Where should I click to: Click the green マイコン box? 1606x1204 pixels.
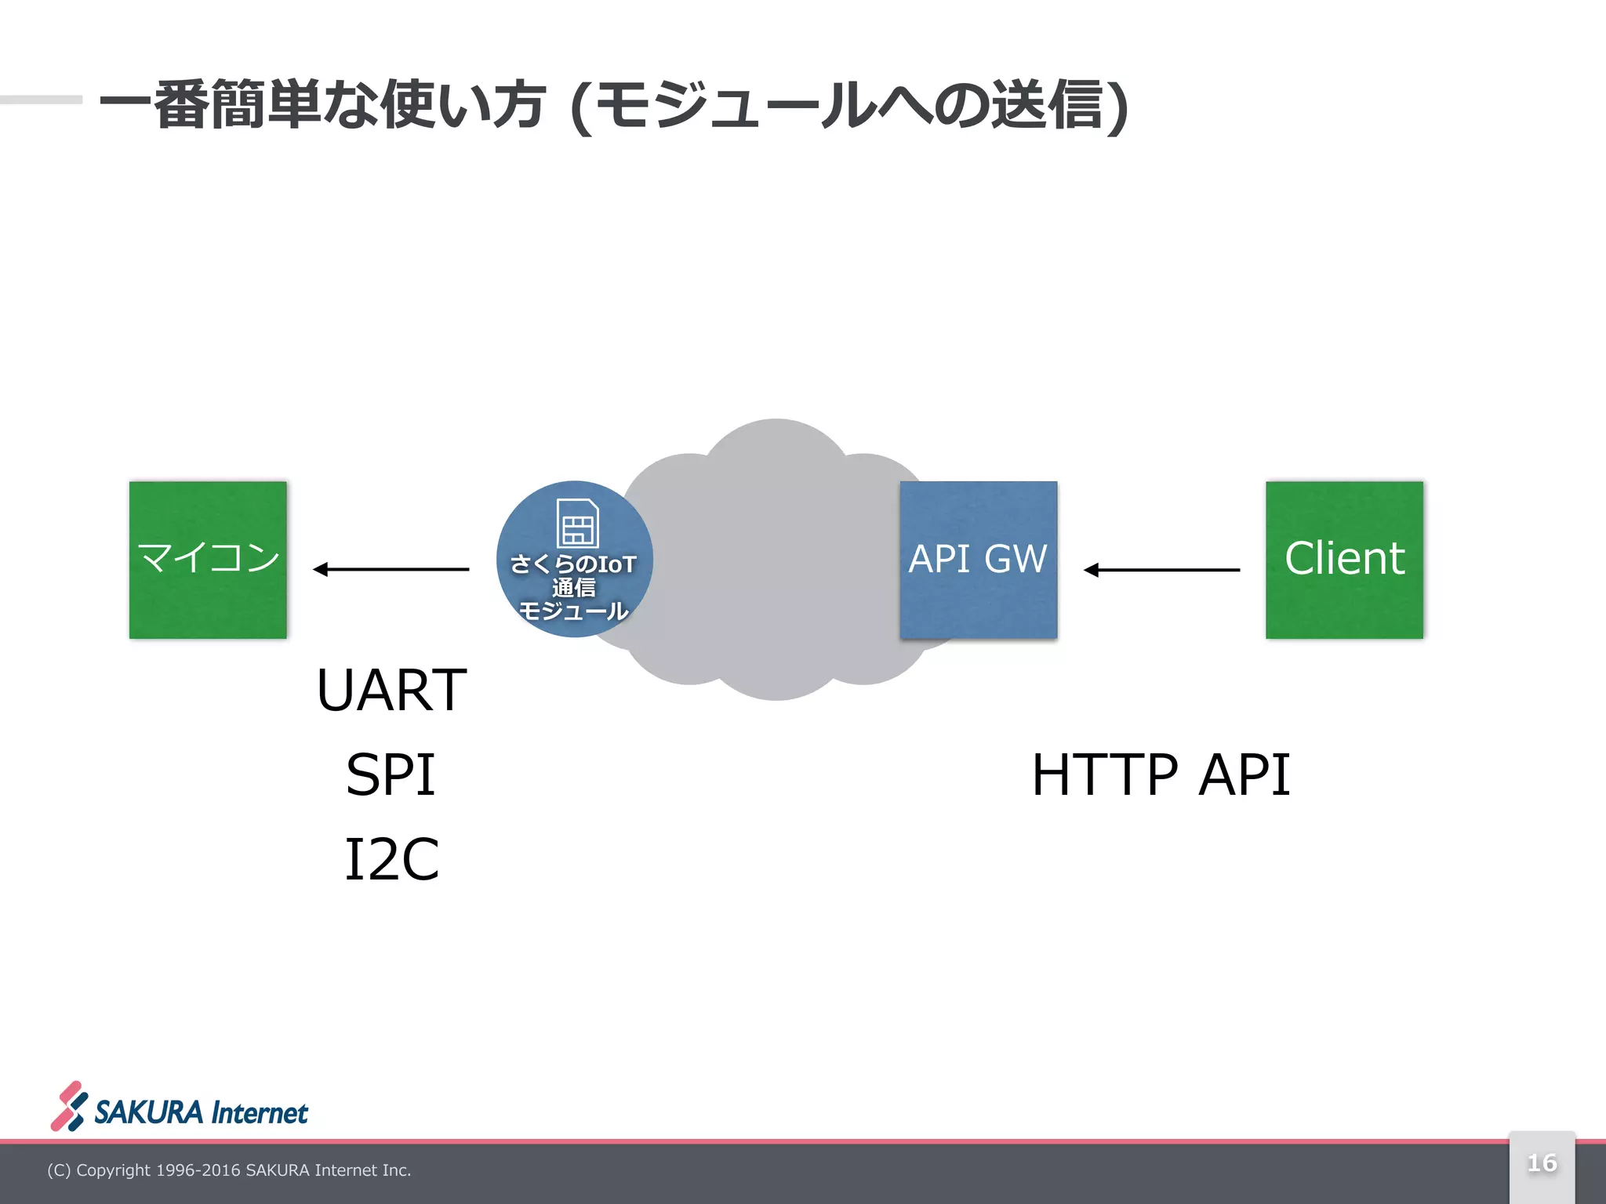click(208, 560)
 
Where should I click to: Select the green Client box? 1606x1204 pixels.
click(1344, 560)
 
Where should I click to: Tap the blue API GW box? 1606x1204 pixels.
click(978, 560)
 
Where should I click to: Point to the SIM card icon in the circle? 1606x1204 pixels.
click(578, 523)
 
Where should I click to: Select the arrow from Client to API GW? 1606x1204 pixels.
click(1161, 570)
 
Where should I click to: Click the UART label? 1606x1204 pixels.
click(391, 690)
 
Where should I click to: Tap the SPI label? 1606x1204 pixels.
click(391, 774)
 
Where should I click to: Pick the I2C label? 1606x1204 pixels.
click(391, 859)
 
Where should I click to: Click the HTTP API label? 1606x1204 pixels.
click(1161, 774)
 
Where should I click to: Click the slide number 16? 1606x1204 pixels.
click(1542, 1163)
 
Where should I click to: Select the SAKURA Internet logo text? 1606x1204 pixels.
click(201, 1112)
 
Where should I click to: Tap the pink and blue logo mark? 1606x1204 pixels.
click(69, 1106)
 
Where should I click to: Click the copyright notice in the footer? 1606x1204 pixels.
click(229, 1170)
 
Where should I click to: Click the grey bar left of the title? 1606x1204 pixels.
click(41, 100)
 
